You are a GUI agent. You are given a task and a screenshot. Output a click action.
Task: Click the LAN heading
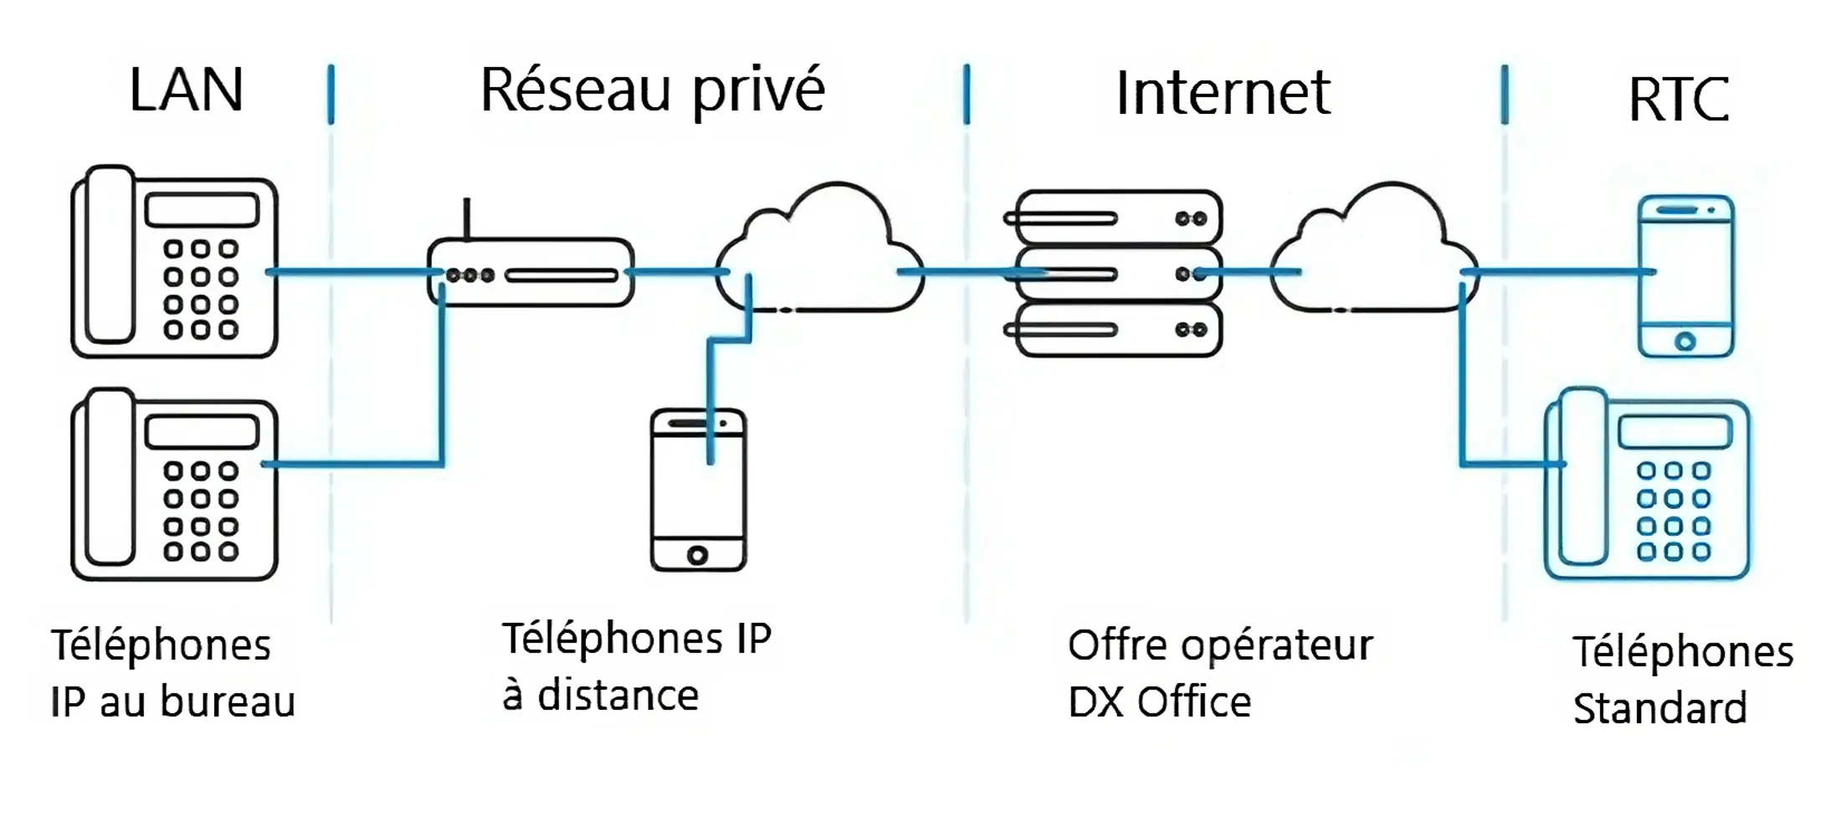coord(186,90)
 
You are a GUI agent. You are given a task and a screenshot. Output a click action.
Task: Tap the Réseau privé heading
coord(652,90)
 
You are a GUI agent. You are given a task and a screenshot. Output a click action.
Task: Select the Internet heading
coord(1223,93)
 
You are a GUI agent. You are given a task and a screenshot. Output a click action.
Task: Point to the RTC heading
coord(1678,100)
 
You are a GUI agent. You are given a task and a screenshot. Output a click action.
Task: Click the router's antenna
coord(467,219)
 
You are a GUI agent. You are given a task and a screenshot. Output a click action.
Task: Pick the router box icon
coord(531,273)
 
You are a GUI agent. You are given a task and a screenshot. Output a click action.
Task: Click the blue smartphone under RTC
coord(1685,276)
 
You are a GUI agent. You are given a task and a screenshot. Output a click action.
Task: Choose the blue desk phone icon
coord(1647,486)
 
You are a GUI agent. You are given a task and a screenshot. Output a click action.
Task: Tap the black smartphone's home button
coord(697,554)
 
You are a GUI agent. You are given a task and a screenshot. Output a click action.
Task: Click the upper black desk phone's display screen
coord(202,210)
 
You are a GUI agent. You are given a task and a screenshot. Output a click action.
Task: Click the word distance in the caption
coord(618,696)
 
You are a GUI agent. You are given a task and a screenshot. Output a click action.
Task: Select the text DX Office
coord(1159,701)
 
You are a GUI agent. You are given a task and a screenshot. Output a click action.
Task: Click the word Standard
coord(1659,708)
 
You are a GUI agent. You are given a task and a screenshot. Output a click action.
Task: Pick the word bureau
coord(227,701)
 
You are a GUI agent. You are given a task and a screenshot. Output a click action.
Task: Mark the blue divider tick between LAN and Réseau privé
coord(331,94)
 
